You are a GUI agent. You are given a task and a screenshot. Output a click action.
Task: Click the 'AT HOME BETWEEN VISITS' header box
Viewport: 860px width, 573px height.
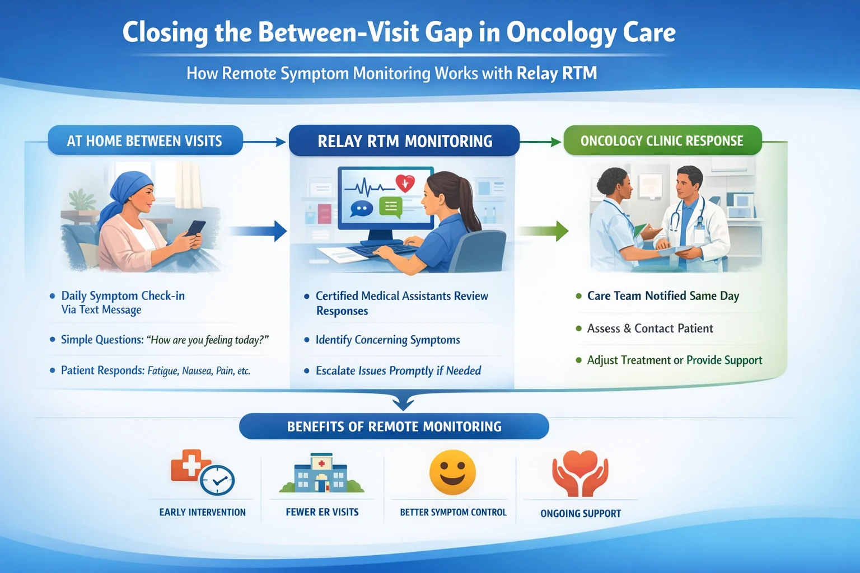pos(145,140)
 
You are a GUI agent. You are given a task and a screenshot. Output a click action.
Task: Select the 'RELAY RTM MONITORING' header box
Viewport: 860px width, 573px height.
pos(404,141)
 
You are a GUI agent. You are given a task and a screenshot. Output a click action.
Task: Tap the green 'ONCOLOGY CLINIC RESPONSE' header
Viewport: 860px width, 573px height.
pos(662,140)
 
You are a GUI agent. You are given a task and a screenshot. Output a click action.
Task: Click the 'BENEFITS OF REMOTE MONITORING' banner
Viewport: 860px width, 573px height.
pos(394,426)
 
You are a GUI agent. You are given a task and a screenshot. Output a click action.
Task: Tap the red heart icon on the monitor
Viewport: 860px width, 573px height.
pos(405,183)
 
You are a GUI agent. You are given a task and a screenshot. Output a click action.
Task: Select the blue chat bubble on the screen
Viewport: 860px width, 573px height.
pos(361,209)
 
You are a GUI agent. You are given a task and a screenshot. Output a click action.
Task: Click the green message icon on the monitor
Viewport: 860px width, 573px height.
pos(391,207)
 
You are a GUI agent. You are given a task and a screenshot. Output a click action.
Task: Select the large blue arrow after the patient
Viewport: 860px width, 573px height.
pos(258,231)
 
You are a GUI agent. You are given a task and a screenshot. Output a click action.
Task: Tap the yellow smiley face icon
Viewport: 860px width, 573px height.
pos(452,473)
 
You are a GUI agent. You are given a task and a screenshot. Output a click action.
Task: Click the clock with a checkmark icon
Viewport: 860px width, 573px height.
pos(217,480)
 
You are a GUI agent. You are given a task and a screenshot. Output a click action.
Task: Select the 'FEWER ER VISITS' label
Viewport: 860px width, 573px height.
pos(322,512)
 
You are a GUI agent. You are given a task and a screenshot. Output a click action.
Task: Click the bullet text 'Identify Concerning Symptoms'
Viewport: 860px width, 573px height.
pos(387,340)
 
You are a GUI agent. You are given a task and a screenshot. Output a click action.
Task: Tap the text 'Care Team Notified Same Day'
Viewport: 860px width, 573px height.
pos(663,296)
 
